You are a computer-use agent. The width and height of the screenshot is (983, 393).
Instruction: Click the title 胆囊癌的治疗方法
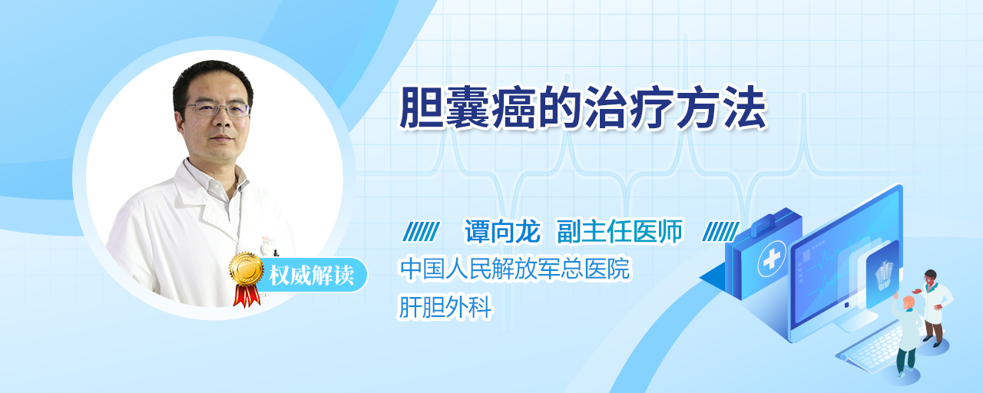coord(583,108)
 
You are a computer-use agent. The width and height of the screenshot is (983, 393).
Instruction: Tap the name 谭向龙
coord(502,231)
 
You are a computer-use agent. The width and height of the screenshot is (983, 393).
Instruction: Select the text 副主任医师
coord(620,231)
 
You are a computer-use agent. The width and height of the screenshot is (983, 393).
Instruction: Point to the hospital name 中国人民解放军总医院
coord(515,269)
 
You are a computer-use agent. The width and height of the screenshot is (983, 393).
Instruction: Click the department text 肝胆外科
coord(445,306)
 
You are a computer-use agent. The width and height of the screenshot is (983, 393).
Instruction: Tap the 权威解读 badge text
coord(312,276)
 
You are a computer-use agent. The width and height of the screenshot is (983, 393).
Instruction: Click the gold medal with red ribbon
coord(247,279)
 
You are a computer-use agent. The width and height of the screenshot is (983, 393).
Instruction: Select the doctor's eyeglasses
coord(217,109)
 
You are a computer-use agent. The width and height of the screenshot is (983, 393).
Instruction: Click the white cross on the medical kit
coord(771,259)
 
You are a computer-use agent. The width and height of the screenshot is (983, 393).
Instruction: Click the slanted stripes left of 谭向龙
coord(421,232)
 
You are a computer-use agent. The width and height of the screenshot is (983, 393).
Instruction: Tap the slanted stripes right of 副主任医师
coord(720,232)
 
